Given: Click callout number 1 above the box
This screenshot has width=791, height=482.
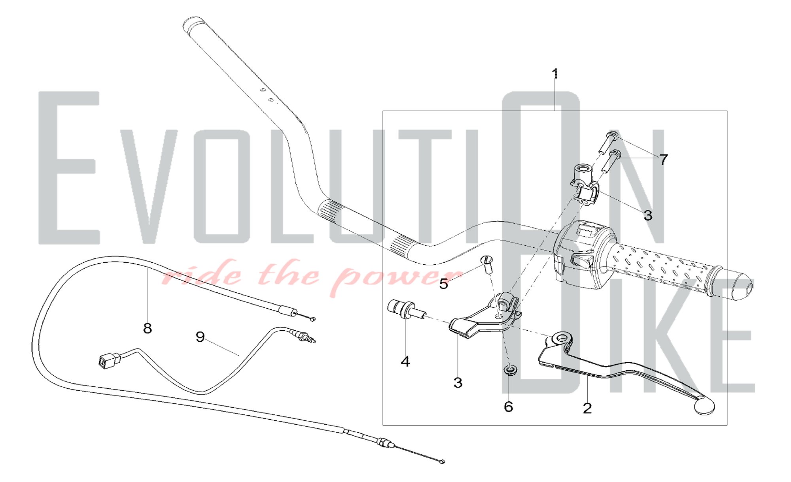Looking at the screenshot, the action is [x=555, y=74].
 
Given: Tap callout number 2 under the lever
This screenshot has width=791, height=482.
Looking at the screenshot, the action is [x=587, y=408].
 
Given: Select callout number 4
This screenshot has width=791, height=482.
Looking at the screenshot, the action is [x=405, y=361].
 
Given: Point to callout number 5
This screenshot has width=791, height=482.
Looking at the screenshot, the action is [x=444, y=284].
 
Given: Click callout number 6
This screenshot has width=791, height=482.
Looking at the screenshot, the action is [x=509, y=407].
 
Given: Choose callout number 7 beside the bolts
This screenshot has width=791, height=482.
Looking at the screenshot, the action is [x=664, y=160].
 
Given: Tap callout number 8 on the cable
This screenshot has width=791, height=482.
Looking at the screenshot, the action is [x=148, y=328].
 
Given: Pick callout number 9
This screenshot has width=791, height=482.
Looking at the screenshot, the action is [x=201, y=337].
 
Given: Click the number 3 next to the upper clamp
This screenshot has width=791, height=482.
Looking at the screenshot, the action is [x=648, y=215].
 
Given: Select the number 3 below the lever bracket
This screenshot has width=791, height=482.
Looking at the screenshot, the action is [x=458, y=382].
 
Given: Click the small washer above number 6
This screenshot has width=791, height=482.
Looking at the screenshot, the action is [x=510, y=371].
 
